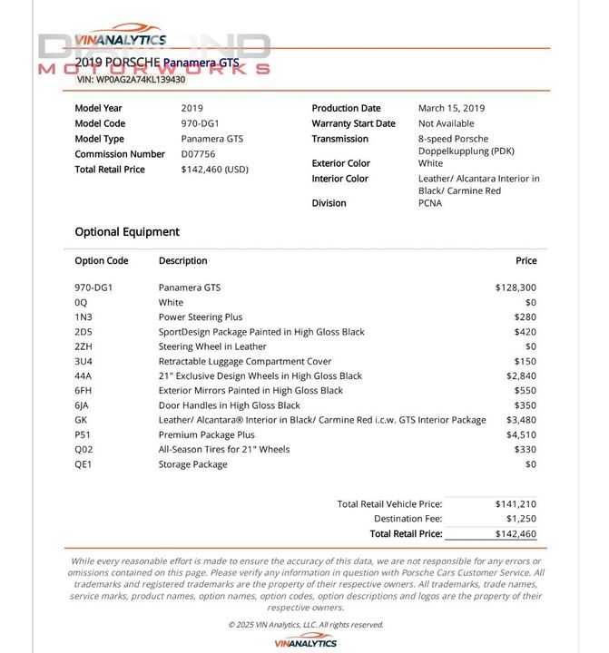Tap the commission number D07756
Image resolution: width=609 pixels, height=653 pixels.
(199, 154)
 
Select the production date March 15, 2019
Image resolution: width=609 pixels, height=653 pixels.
(451, 108)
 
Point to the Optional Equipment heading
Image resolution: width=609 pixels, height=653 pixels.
(127, 231)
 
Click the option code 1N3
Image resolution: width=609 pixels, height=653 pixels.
(83, 317)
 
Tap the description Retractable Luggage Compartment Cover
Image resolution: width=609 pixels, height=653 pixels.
(245, 361)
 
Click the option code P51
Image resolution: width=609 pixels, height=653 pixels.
(83, 435)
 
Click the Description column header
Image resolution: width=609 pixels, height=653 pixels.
(182, 260)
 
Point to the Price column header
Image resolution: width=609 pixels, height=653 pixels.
(526, 260)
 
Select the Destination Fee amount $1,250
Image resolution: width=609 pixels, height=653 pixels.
(516, 519)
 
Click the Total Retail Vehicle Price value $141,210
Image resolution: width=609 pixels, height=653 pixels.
(516, 503)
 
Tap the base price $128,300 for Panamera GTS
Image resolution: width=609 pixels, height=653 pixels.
(516, 288)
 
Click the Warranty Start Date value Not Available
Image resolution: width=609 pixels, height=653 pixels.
(446, 123)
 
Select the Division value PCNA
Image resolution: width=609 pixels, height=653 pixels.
(430, 203)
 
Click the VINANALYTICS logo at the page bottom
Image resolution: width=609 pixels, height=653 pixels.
(305, 641)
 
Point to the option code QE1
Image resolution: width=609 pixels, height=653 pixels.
(83, 464)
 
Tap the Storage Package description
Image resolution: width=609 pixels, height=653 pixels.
(192, 464)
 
